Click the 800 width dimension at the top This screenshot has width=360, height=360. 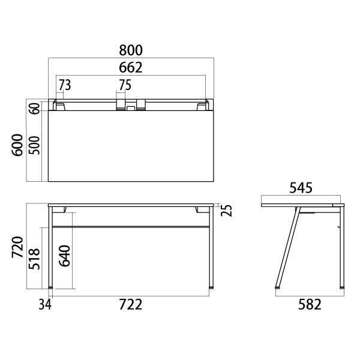pyautogui.click(x=131, y=50)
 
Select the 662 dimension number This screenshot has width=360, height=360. pyautogui.click(x=131, y=67)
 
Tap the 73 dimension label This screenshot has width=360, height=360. pyautogui.click(x=64, y=85)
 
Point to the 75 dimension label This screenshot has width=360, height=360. pyautogui.click(x=124, y=85)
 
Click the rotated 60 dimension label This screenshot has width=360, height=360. pyautogui.click(x=34, y=109)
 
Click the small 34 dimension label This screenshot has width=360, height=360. pyautogui.click(x=44, y=305)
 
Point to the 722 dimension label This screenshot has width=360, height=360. pyautogui.click(x=130, y=305)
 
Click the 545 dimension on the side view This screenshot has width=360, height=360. pyautogui.click(x=301, y=188)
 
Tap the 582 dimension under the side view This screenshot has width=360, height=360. pyautogui.click(x=309, y=305)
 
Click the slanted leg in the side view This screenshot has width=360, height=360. pyautogui.click(x=286, y=247)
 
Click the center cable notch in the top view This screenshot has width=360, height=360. pyautogui.click(x=131, y=108)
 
